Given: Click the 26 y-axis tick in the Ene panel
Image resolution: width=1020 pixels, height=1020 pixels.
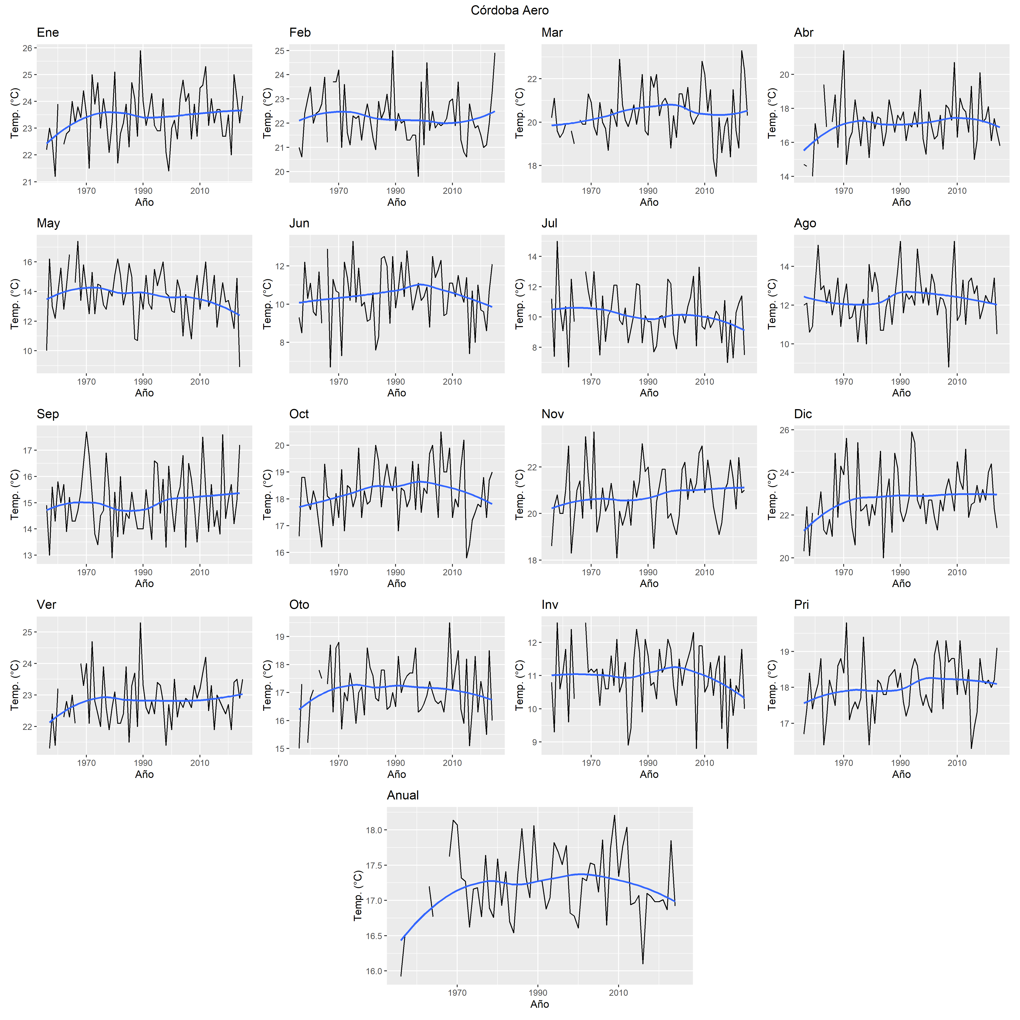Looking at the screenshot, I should pyautogui.click(x=27, y=48).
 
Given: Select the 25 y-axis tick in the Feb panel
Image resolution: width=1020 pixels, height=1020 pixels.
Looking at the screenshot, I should pyautogui.click(x=279, y=51).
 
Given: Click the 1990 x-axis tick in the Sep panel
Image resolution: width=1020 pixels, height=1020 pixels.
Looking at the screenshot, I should pyautogui.click(x=143, y=572).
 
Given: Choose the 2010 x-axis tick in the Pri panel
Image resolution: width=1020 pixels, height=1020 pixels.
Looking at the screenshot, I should pyautogui.click(x=957, y=763).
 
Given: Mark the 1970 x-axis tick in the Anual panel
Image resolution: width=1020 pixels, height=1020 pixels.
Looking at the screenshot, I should pyautogui.click(x=457, y=993).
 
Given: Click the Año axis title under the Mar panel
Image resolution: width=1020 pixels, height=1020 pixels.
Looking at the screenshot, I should pyautogui.click(x=649, y=202).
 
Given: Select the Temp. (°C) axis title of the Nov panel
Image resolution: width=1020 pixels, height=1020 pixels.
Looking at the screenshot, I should pyautogui.click(x=520, y=495).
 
